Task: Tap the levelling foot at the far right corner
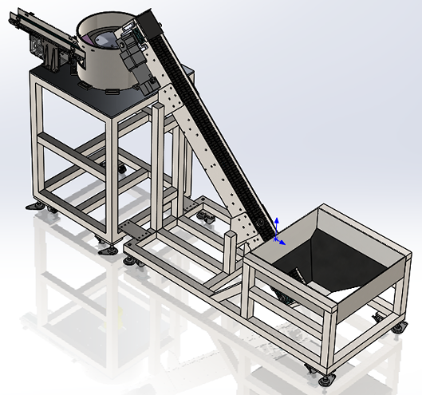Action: (x=397, y=326)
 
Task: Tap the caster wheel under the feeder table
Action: (x=121, y=168)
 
